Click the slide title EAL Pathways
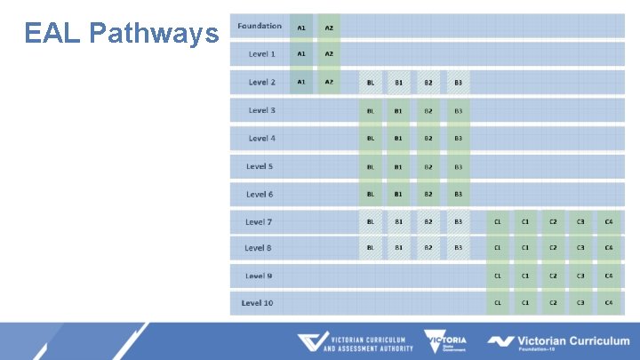click(x=122, y=34)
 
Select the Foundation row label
click(x=260, y=27)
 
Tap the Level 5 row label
click(x=260, y=166)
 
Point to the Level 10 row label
click(x=257, y=303)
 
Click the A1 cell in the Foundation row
click(x=301, y=28)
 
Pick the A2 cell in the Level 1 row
click(x=329, y=54)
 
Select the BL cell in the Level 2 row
click(x=370, y=83)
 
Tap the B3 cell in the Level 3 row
click(x=458, y=111)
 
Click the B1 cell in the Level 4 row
click(x=398, y=139)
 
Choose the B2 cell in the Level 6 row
click(x=428, y=194)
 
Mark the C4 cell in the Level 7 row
click(x=609, y=221)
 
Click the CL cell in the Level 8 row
click(x=498, y=248)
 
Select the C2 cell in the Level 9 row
click(x=553, y=276)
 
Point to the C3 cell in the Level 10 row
click(x=580, y=303)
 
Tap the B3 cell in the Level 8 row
click(x=458, y=248)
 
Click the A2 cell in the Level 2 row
click(x=329, y=83)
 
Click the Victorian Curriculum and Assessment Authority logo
click(x=356, y=342)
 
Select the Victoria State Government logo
click(x=445, y=342)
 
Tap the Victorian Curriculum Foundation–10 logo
click(x=558, y=342)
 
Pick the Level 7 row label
click(x=259, y=221)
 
